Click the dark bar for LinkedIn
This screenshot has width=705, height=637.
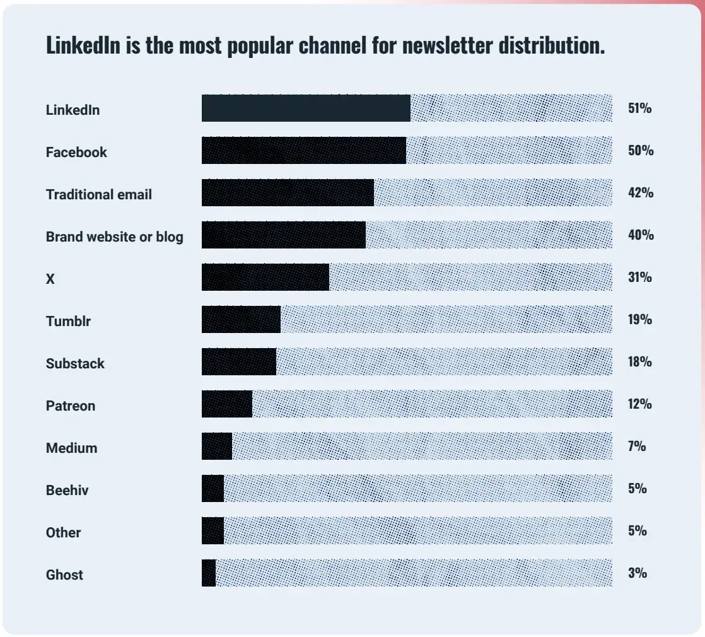306,108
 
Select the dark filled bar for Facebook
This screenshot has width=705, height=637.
303,150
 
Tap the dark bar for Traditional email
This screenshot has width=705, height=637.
288,192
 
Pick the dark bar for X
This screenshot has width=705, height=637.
265,277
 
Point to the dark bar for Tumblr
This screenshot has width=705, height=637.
241,319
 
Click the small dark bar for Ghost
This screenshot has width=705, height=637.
209,573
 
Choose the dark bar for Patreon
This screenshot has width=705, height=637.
227,404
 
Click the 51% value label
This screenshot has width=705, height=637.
639,108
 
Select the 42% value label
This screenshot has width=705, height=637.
640,193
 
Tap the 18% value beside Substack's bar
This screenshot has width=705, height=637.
639,362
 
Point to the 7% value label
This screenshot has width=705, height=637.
637,447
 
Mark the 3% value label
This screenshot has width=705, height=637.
637,573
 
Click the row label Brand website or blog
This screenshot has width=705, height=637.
115,237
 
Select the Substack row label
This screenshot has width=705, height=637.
75,364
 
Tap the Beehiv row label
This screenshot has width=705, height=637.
67,490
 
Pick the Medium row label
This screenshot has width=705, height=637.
71,448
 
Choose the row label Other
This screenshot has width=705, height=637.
63,533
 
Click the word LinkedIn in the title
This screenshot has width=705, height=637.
83,45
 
